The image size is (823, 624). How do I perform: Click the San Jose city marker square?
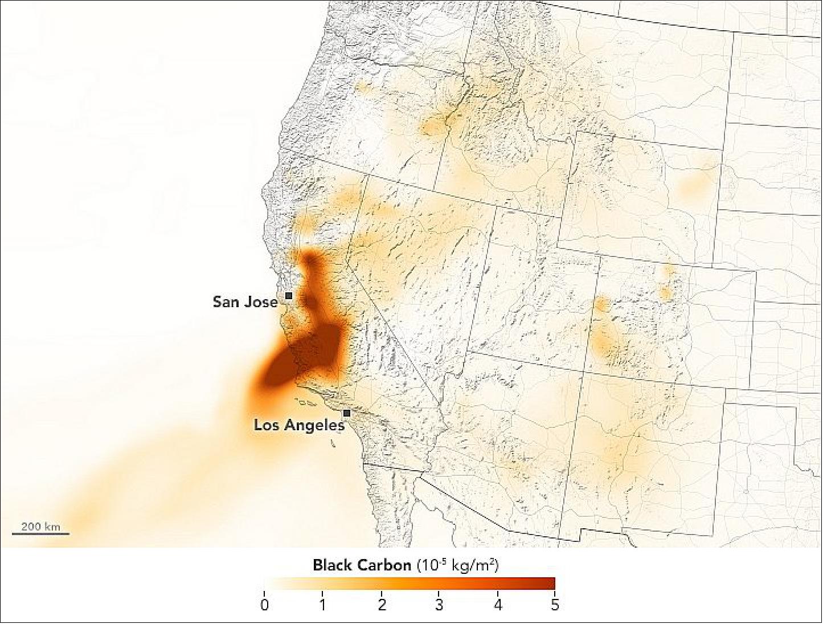pyautogui.click(x=289, y=296)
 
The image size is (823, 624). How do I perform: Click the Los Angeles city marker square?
pyautogui.click(x=346, y=413)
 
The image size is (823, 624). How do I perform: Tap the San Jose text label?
pyautogui.click(x=245, y=301)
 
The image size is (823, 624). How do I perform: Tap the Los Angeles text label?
pyautogui.click(x=299, y=425)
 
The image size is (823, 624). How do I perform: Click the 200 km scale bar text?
pyautogui.click(x=40, y=526)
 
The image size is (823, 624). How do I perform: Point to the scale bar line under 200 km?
pyautogui.click(x=40, y=534)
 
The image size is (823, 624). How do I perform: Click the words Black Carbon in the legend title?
pyautogui.click(x=362, y=565)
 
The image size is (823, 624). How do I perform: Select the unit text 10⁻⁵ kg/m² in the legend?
pyautogui.click(x=458, y=565)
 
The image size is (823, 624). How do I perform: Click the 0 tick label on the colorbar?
pyautogui.click(x=264, y=605)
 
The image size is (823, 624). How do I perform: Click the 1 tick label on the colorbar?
pyautogui.click(x=322, y=605)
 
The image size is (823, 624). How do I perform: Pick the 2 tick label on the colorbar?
pyautogui.click(x=381, y=605)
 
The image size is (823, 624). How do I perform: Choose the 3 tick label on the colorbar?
pyautogui.click(x=439, y=605)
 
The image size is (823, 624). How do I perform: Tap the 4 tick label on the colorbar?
pyautogui.click(x=497, y=605)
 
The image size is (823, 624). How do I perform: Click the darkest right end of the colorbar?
pyautogui.click(x=551, y=584)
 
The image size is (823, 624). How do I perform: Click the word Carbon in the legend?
pyautogui.click(x=384, y=565)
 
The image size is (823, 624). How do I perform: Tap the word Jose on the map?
pyautogui.click(x=261, y=301)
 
